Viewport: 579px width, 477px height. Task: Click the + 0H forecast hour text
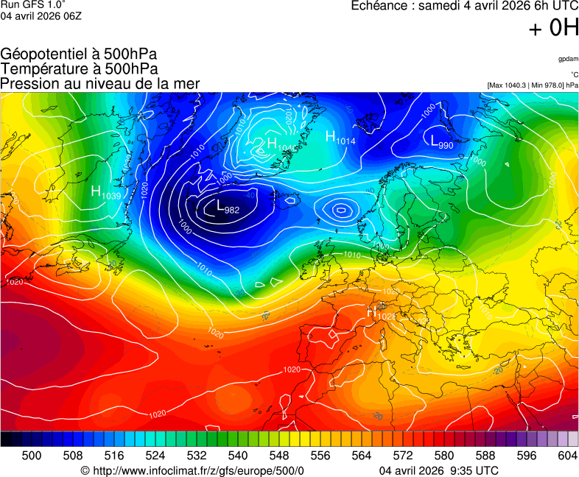553,28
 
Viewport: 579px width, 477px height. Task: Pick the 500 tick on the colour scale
32,456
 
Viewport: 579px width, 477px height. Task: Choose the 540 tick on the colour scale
238,456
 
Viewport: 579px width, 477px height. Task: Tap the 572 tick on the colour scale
403,456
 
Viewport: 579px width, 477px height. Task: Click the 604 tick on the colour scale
567,456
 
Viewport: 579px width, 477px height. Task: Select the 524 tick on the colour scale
155,456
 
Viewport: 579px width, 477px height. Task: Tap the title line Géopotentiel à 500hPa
79,54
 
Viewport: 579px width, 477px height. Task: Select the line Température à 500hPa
79,68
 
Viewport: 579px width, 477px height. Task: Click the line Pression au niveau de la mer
100,83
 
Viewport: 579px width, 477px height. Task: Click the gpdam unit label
568,59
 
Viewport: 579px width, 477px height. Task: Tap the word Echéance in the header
379,6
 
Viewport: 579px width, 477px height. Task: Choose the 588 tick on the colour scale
485,456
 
